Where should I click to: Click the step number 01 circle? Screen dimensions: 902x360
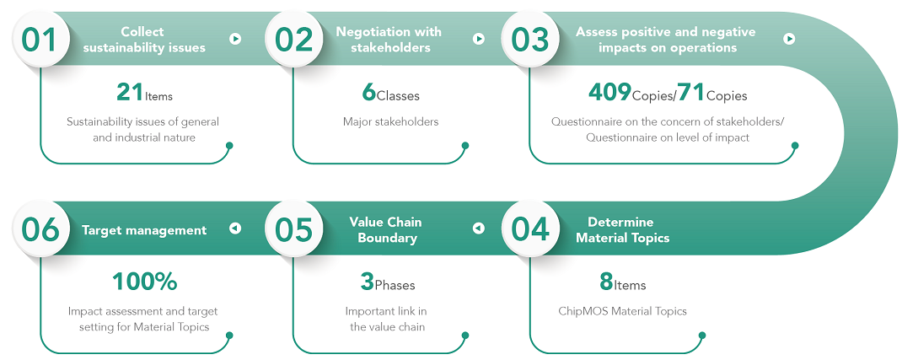point(40,39)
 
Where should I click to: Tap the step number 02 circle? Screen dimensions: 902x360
point(293,39)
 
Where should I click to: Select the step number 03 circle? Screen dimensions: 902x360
point(529,39)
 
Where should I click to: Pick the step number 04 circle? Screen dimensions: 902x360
point(529,229)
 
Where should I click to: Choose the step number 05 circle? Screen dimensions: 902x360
point(293,229)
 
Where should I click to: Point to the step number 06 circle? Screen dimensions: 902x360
point(40,229)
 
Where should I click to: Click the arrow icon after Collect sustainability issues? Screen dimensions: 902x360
point(234,39)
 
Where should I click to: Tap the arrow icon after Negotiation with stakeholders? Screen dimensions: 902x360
point(479,39)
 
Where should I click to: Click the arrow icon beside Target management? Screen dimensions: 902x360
point(234,228)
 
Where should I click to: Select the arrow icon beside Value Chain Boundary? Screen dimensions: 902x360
point(479,228)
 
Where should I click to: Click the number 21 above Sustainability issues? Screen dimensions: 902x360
point(130,92)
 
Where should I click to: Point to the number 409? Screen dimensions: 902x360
point(609,92)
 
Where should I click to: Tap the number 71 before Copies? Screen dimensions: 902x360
point(691,92)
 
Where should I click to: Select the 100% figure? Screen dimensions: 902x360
point(144,282)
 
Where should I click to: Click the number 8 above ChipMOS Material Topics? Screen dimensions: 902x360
point(606,282)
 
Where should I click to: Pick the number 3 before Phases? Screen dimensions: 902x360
point(368,282)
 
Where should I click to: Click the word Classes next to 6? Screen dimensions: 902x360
point(398,95)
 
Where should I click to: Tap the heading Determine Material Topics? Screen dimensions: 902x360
point(623,229)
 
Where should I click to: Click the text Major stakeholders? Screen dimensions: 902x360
point(390,122)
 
